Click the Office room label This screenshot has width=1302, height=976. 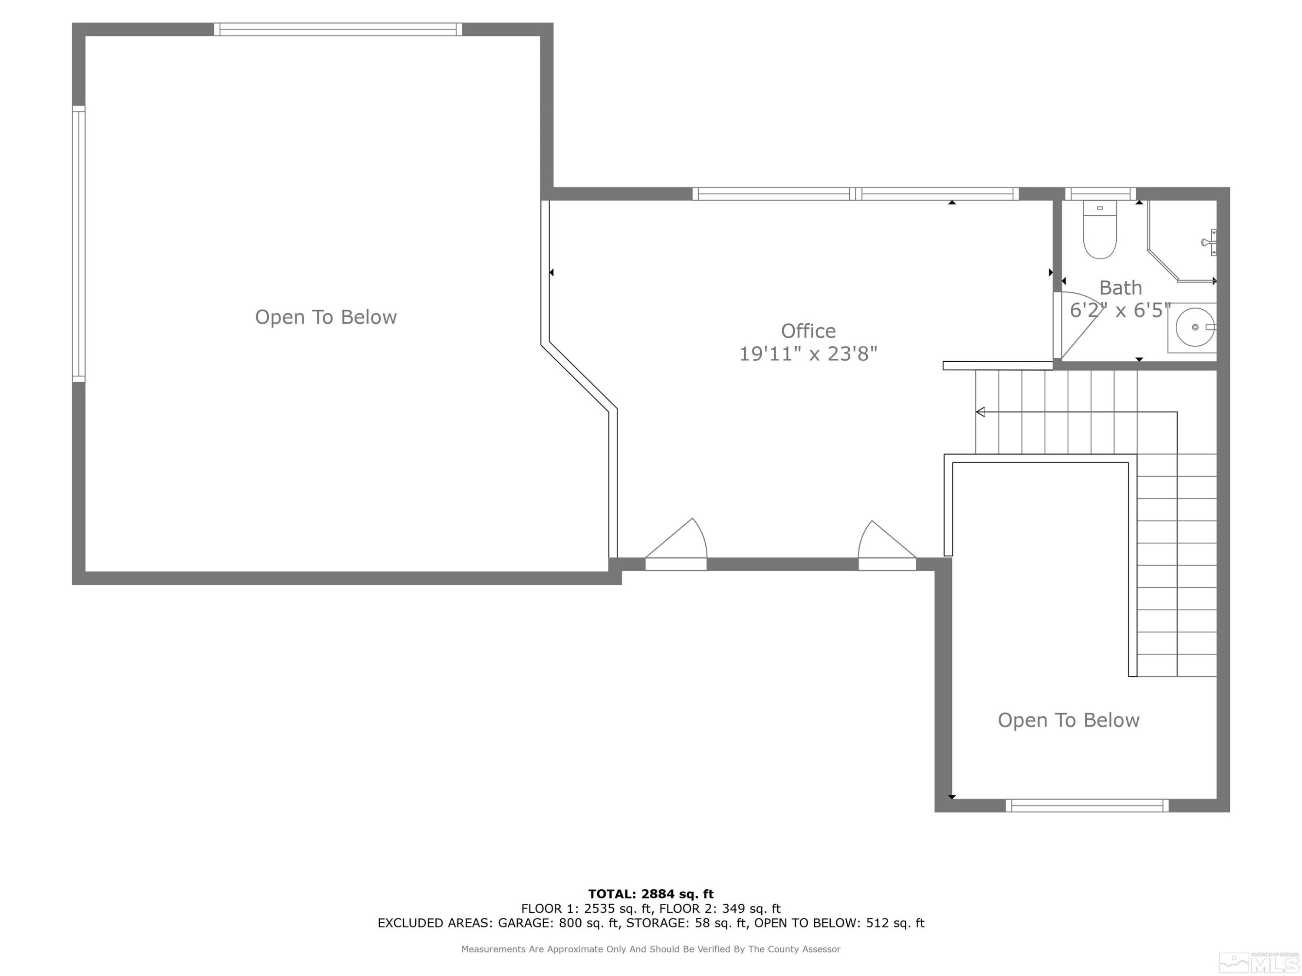tap(808, 331)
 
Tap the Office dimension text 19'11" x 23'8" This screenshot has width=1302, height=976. tap(808, 354)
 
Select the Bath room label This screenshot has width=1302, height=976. tap(1120, 288)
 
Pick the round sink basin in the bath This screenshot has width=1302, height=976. tap(1194, 327)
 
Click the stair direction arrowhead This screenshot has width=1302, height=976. tap(980, 412)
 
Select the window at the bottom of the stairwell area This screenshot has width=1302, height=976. tap(1087, 806)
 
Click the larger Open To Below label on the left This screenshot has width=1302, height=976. tap(325, 317)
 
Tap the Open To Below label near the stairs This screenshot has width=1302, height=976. tap(1069, 720)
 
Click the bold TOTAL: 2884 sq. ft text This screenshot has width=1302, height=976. tap(651, 894)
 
